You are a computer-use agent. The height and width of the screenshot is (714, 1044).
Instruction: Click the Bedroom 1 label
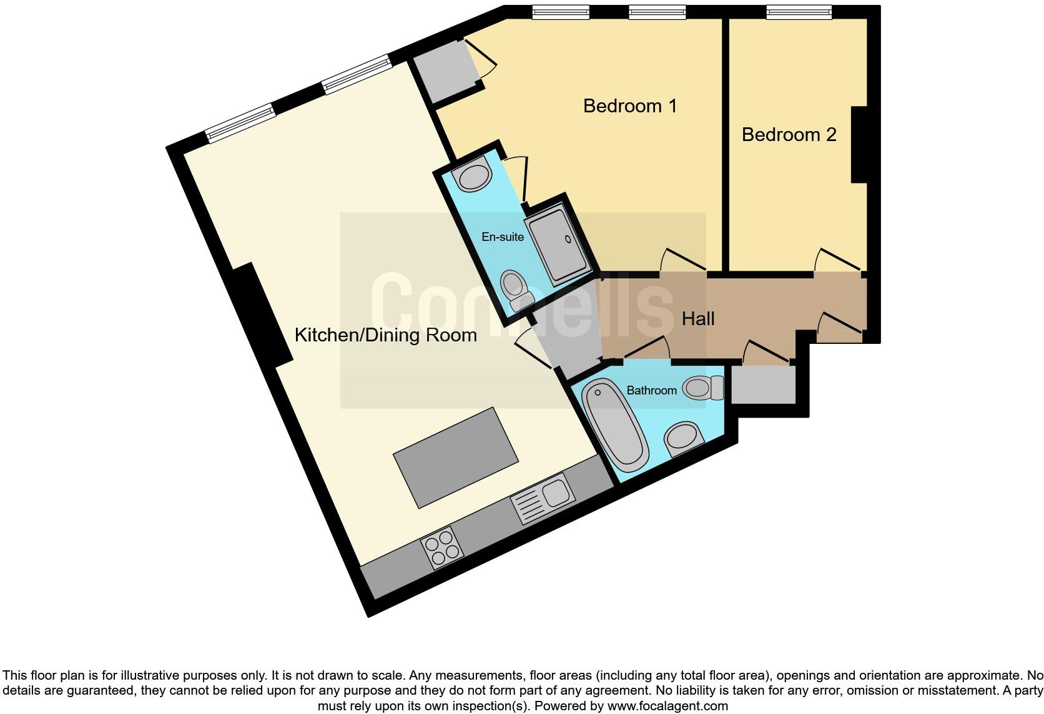point(629,106)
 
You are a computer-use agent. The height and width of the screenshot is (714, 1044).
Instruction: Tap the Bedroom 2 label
point(789,135)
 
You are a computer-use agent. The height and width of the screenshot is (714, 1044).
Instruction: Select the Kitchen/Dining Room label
point(385,335)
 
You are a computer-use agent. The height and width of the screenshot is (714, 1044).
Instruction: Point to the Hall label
point(697,319)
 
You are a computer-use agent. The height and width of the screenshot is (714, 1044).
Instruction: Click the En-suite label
point(502,237)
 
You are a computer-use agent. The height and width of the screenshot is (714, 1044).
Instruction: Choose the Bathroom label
point(651,390)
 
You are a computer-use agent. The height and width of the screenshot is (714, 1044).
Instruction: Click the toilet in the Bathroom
point(702,388)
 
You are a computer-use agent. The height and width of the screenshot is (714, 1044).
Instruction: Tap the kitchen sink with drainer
point(543,499)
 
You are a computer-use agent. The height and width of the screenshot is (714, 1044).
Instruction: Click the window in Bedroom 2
point(799,12)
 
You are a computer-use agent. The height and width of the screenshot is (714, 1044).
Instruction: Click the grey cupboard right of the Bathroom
point(763,384)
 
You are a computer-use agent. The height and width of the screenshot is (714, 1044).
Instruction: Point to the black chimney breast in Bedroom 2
point(859,145)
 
